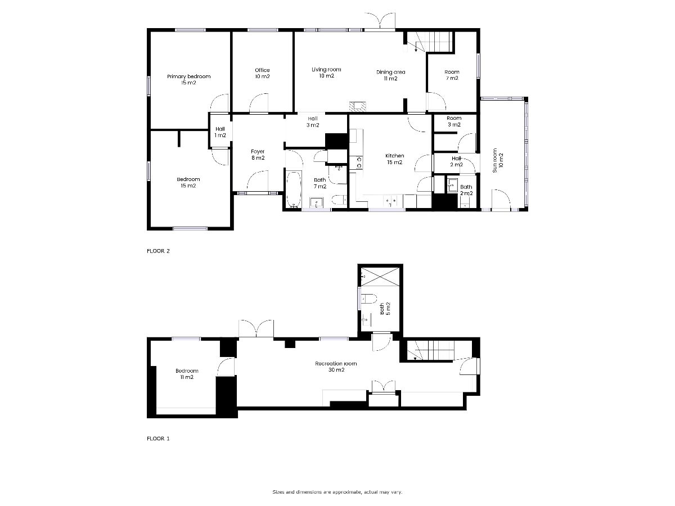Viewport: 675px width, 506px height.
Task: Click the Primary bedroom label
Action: pos(188,79)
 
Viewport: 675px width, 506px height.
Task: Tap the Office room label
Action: pos(262,73)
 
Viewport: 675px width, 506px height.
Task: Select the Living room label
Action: pos(326,73)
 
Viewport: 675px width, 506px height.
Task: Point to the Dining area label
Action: pos(390,75)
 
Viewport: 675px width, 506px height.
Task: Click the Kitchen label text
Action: pos(394,159)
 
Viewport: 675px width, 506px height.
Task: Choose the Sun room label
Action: pos(498,160)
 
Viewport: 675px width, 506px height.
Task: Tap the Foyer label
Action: pos(258,155)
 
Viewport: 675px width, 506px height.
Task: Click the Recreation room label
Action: pos(336,367)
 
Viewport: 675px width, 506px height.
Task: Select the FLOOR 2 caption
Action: pos(158,251)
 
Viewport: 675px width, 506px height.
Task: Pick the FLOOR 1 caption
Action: pos(158,439)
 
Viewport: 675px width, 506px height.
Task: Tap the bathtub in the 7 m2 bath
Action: pos(294,189)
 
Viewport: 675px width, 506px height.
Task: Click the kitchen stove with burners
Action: pos(359,162)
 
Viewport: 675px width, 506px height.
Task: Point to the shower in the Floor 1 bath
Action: pos(380,277)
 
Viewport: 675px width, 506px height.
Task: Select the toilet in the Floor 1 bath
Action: pos(368,299)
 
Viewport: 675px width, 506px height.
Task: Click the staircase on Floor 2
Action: pos(430,42)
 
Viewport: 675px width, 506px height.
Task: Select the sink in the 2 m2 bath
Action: pos(452,185)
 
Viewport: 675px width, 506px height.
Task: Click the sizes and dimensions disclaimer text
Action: pos(337,492)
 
